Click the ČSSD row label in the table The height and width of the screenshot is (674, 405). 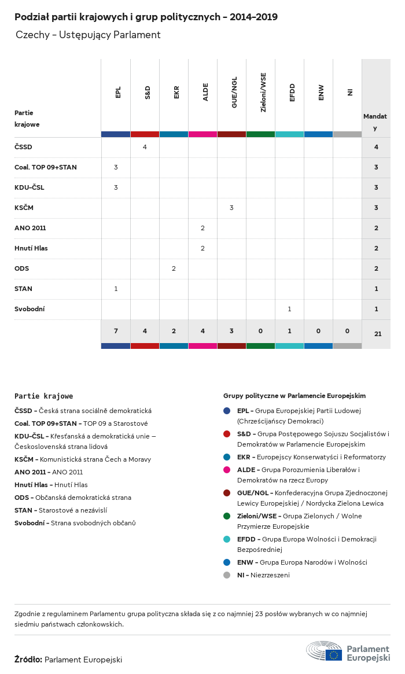(23, 147)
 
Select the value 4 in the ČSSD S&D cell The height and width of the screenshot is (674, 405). (145, 147)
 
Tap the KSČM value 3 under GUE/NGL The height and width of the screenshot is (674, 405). (231, 208)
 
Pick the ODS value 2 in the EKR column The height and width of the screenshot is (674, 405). (174, 268)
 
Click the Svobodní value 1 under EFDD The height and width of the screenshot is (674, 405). (289, 309)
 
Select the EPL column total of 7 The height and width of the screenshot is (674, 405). (116, 331)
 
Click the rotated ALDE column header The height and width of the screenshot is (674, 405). (205, 93)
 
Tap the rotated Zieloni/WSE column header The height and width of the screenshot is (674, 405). (263, 93)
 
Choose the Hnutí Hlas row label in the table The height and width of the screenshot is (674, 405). (31, 248)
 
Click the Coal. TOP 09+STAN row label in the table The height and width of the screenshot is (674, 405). (45, 167)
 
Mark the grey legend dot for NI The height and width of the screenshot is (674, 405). (227, 575)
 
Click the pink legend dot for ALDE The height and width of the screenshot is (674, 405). (227, 470)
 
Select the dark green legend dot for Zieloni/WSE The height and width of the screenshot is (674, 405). (227, 515)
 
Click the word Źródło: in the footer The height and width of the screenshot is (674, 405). (28, 660)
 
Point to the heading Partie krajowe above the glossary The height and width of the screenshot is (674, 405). (44, 396)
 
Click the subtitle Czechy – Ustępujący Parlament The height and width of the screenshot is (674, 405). (88, 35)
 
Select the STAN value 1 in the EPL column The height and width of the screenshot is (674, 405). (116, 289)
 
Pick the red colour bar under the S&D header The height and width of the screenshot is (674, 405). (145, 134)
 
